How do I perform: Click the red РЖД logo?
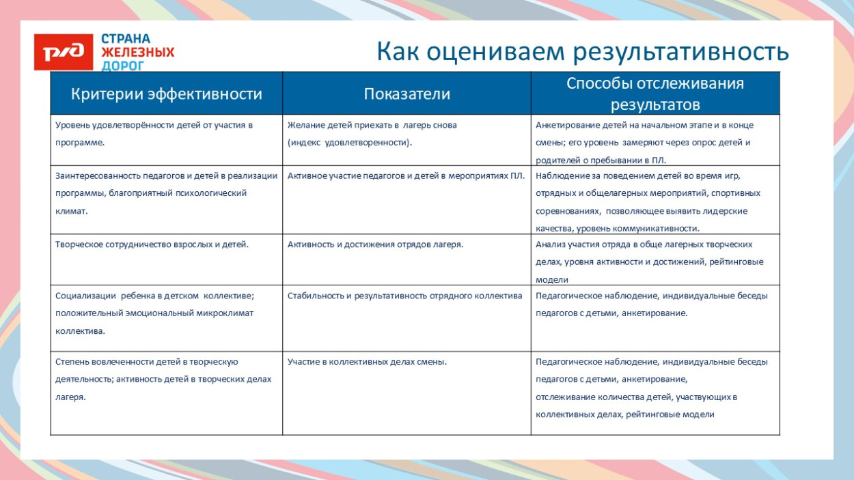(64, 52)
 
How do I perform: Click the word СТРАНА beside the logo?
(126, 39)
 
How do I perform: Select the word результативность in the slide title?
(680, 52)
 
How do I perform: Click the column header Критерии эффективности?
(167, 94)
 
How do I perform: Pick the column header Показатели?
(407, 94)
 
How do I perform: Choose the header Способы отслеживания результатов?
(655, 94)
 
